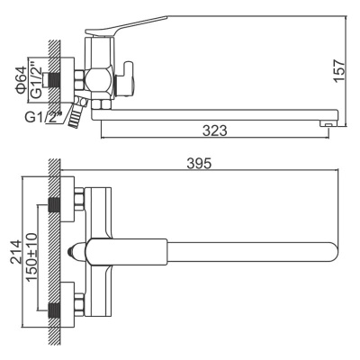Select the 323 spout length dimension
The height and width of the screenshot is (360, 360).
pyautogui.click(x=213, y=130)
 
